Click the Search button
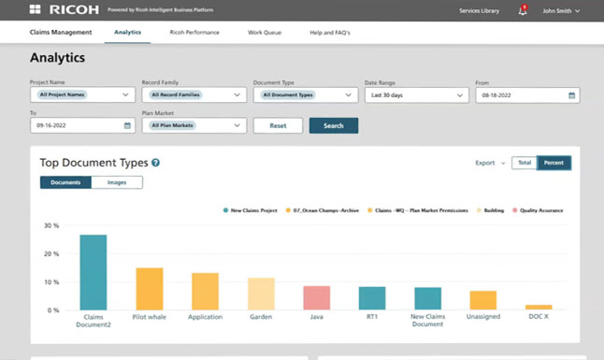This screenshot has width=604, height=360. (333, 125)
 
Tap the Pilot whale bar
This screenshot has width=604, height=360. (150, 288)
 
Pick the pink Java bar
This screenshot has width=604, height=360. (317, 297)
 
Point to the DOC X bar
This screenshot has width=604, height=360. (539, 307)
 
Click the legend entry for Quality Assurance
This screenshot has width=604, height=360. (538, 210)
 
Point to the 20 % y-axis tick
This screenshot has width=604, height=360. (52, 253)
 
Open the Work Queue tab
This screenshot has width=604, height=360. (265, 33)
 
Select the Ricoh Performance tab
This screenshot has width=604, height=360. (194, 33)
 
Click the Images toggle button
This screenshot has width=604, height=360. (117, 182)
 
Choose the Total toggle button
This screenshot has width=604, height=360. (524, 163)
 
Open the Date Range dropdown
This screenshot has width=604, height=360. (416, 94)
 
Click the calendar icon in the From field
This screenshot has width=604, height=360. (571, 94)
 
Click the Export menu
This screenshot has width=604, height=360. (489, 163)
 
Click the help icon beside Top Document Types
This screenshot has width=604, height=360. (155, 163)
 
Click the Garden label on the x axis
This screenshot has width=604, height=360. (261, 317)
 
